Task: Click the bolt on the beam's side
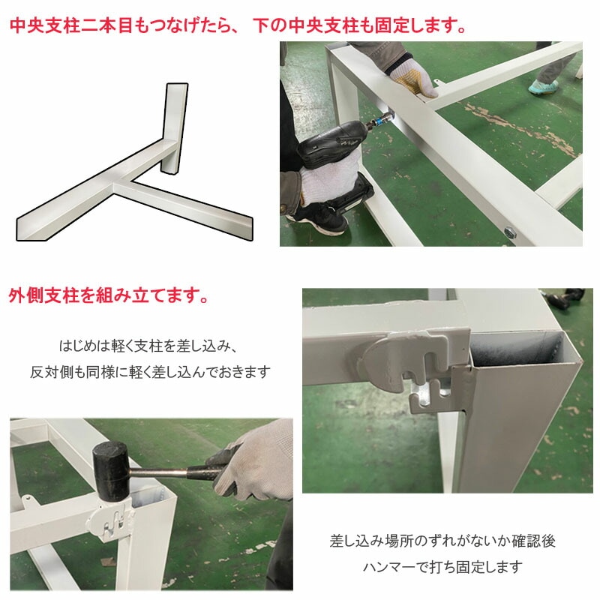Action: click(x=509, y=232)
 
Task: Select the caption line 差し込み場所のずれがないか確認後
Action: click(x=442, y=540)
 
